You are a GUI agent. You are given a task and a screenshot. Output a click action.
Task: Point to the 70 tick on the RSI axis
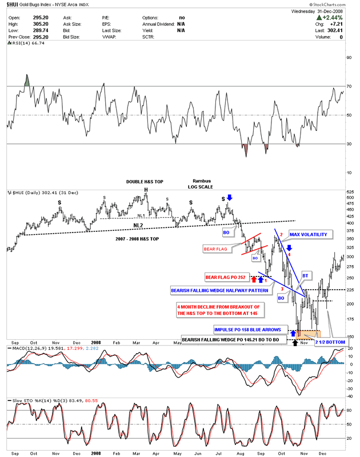349,86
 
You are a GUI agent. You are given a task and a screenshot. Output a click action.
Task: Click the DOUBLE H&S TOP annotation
145,182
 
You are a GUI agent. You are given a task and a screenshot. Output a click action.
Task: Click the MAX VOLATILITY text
311,235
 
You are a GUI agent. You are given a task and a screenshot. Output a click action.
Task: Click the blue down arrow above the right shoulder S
229,198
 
